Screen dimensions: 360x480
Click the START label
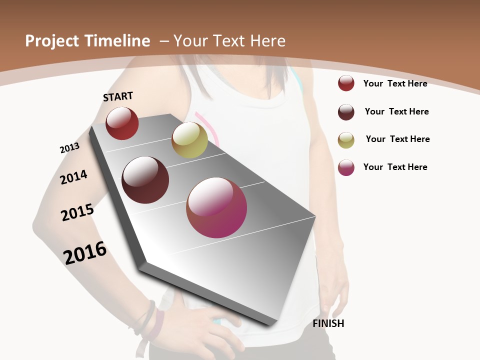118,96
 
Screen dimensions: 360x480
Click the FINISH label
328,323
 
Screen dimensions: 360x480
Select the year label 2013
69,147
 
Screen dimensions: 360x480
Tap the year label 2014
73,177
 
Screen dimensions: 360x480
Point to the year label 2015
77,212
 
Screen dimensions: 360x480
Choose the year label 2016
85,252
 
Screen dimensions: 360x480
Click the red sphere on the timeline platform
122,123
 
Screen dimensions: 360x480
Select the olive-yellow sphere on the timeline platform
189,140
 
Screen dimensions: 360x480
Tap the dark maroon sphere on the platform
145,180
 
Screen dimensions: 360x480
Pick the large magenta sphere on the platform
216,207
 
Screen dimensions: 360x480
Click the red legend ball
346,83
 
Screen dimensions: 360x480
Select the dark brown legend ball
346,112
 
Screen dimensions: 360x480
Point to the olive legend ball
346,140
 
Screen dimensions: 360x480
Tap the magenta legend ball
346,168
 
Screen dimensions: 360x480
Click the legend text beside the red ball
395,83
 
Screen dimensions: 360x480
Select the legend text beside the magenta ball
395,167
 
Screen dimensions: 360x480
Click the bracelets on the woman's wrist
147,320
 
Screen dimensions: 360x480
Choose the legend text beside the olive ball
397,139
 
